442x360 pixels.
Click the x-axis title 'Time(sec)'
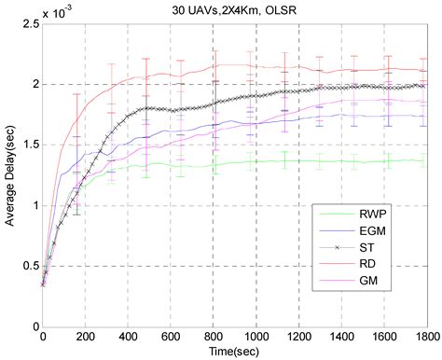[x=234, y=351]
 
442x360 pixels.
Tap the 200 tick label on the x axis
[x=86, y=337]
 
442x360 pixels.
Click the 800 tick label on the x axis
[x=213, y=337]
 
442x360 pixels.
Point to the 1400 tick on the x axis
[x=341, y=337]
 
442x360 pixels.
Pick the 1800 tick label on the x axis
[x=425, y=337]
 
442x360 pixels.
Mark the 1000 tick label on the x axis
[x=256, y=337]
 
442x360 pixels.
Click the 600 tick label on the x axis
[x=171, y=337]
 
